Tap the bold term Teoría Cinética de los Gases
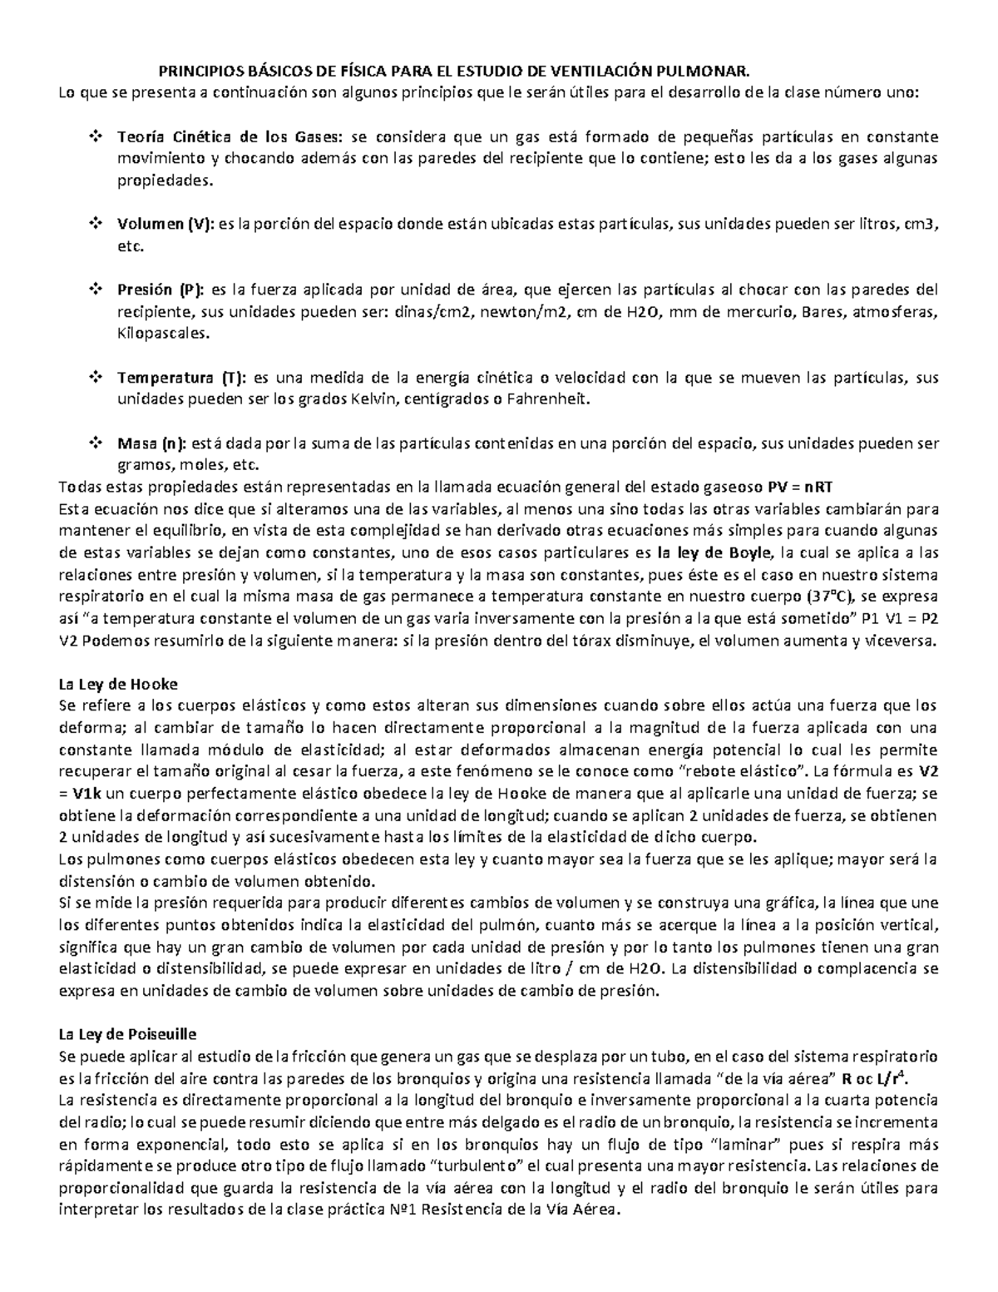pos(230,136)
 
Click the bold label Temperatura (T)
pos(181,378)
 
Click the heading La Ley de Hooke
pos(117,684)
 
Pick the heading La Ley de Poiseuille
pos(126,1035)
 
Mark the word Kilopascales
pos(163,334)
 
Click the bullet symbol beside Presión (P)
pos(93,290)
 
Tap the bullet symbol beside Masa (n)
pos(93,443)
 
